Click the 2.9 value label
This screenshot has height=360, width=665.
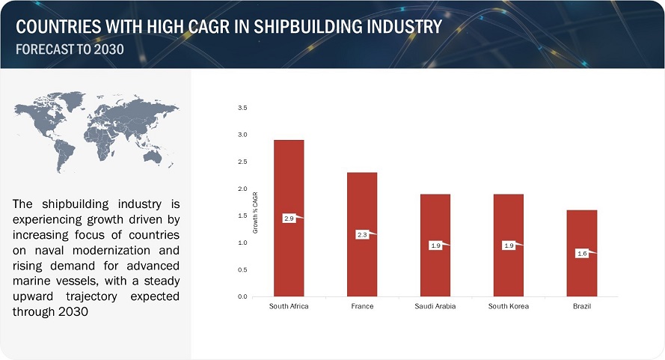coord(289,219)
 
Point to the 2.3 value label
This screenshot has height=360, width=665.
coord(361,235)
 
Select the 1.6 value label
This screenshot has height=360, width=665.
coord(581,254)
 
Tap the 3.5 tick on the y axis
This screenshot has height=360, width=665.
coord(242,109)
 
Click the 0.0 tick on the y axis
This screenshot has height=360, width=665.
coord(242,297)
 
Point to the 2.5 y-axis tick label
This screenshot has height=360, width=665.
coord(242,162)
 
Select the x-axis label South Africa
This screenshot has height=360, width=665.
coord(289,307)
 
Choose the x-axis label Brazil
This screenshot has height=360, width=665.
coord(581,307)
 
